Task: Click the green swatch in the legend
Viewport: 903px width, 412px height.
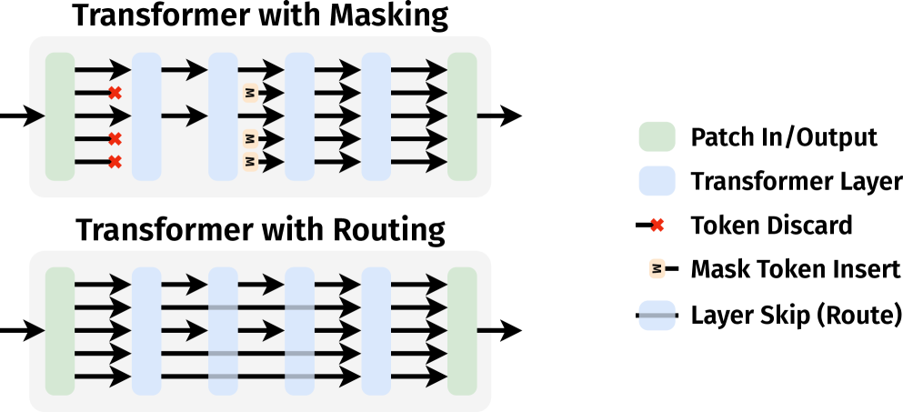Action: pyautogui.click(x=657, y=136)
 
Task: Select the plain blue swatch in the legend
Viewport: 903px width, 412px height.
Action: pyautogui.click(x=657, y=181)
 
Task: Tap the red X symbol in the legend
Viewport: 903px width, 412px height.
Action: pyautogui.click(x=657, y=225)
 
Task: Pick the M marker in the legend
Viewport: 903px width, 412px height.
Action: pyautogui.click(x=657, y=268)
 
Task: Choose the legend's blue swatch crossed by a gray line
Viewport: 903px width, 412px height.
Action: pyautogui.click(x=657, y=316)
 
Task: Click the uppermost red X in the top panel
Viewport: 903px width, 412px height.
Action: pyautogui.click(x=115, y=93)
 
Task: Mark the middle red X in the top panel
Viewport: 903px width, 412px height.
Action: pyautogui.click(x=115, y=139)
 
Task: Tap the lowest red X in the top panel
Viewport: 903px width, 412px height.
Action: pyautogui.click(x=115, y=162)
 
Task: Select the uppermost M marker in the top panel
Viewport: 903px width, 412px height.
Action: pyautogui.click(x=250, y=93)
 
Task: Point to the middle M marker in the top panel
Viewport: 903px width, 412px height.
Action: pyautogui.click(x=250, y=139)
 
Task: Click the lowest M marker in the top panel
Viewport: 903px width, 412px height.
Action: pyautogui.click(x=250, y=162)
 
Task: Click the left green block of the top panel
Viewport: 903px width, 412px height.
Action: pyautogui.click(x=60, y=116)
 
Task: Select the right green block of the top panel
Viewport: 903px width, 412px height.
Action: pyautogui.click(x=462, y=116)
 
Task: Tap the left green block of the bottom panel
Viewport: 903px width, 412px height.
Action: pyautogui.click(x=60, y=331)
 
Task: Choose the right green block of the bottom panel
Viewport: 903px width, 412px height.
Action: pyautogui.click(x=462, y=331)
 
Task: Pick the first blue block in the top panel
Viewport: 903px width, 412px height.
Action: pyautogui.click(x=146, y=116)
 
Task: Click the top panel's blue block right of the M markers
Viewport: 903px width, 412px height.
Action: pyautogui.click(x=299, y=116)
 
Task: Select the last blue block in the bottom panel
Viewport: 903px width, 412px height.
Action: pyautogui.click(x=376, y=331)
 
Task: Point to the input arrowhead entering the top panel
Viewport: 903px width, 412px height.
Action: pyautogui.click(x=36, y=116)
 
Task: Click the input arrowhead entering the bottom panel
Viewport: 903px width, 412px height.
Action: pyautogui.click(x=36, y=331)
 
